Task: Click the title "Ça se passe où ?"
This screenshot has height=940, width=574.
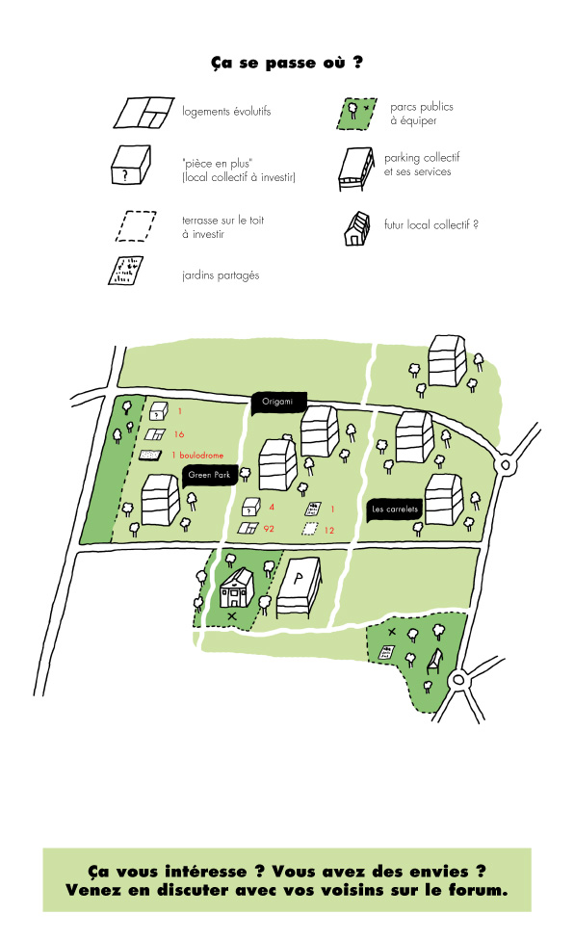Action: (286, 63)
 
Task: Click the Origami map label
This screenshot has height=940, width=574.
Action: (279, 402)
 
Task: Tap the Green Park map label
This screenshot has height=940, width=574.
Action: (210, 475)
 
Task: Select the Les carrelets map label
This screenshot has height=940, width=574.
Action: (395, 509)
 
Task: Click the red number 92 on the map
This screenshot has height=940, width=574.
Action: (269, 529)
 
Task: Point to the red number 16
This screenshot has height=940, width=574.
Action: (179, 434)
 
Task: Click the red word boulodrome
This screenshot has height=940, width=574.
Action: (201, 455)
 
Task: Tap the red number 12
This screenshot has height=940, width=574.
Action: (329, 530)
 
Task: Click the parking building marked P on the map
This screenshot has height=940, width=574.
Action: (299, 587)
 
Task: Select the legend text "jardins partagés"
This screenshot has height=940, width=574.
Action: (221, 275)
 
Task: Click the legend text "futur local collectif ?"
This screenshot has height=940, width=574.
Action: (431, 224)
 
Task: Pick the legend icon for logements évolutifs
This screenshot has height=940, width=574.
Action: (143, 112)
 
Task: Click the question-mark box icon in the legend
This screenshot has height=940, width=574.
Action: (131, 165)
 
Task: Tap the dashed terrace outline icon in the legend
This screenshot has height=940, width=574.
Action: (136, 226)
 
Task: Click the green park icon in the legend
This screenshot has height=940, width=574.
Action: (357, 114)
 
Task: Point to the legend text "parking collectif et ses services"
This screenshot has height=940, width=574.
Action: (422, 165)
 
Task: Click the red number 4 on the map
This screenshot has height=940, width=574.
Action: (272, 508)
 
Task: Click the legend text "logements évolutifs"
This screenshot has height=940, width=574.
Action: (226, 112)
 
